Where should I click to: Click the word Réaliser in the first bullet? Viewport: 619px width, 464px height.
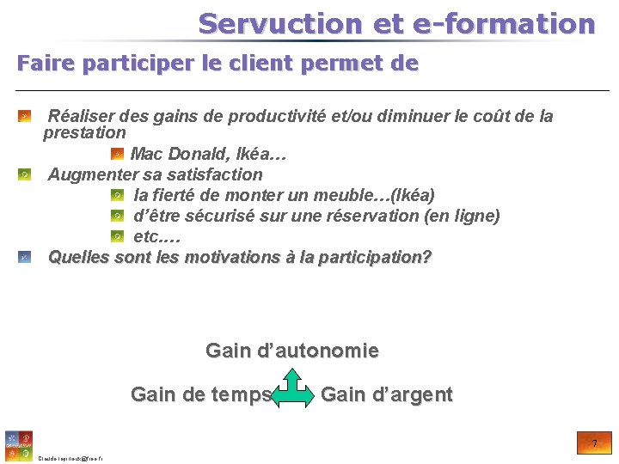[x=82, y=116]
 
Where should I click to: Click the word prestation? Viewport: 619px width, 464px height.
[x=84, y=133]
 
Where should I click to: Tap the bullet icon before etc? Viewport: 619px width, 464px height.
[x=117, y=236]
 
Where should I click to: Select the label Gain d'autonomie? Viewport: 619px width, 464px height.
[x=292, y=351]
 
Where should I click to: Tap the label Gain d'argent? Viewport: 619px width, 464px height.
[x=386, y=395]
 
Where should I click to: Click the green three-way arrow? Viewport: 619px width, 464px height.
[x=294, y=388]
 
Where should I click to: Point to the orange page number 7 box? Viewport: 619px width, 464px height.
[x=594, y=443]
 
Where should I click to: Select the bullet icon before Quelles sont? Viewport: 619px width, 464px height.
[x=25, y=257]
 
